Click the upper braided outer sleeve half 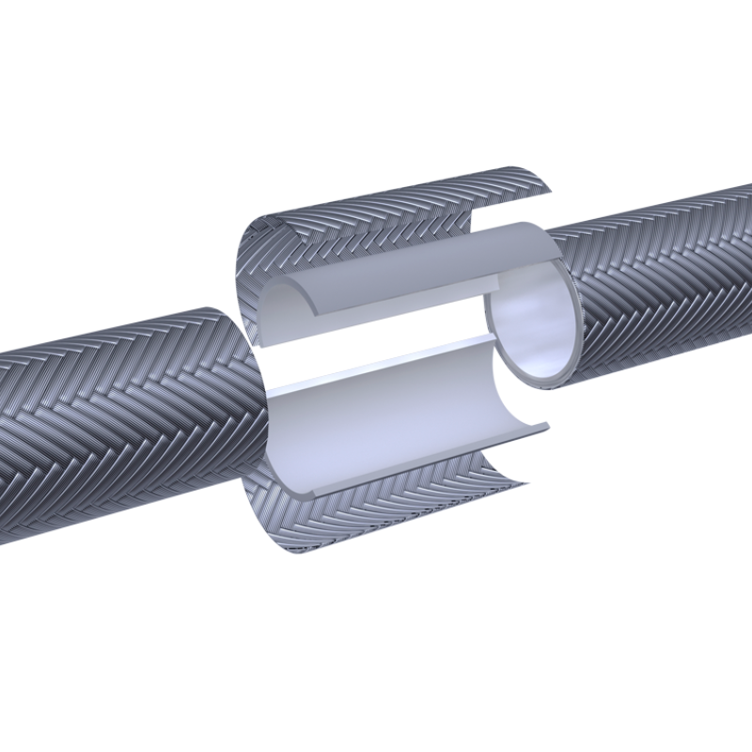tap(395, 211)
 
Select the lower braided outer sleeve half tap(395, 512)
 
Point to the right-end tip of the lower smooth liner tap(545, 428)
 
